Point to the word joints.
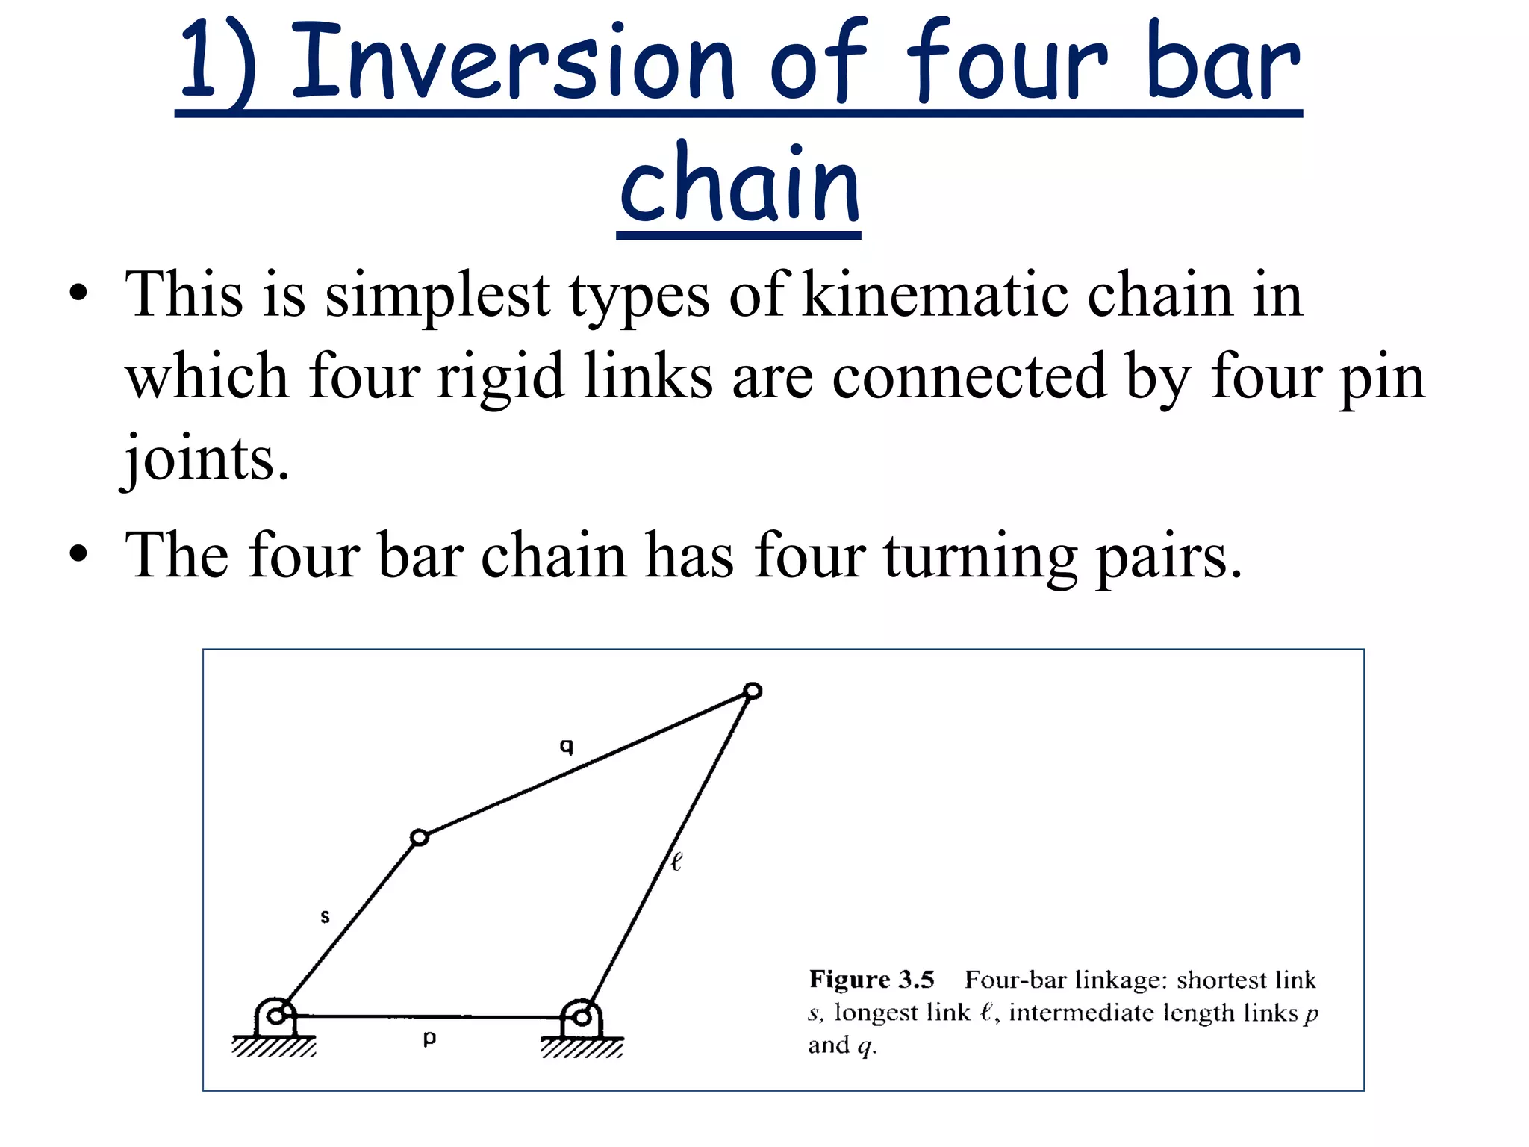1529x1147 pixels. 206,459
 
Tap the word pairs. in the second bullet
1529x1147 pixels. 1168,557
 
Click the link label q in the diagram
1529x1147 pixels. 567,746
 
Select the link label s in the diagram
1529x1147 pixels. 325,916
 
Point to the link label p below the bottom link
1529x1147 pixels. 429,1038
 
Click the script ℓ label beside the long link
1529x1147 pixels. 676,862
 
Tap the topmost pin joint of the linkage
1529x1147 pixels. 753,691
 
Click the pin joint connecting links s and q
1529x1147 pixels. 420,838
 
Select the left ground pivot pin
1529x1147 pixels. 275,1016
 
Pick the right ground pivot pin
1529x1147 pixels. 582,1016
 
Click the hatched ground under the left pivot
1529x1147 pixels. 274,1047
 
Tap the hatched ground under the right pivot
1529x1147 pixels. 582,1048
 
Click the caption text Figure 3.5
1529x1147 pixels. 871,979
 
